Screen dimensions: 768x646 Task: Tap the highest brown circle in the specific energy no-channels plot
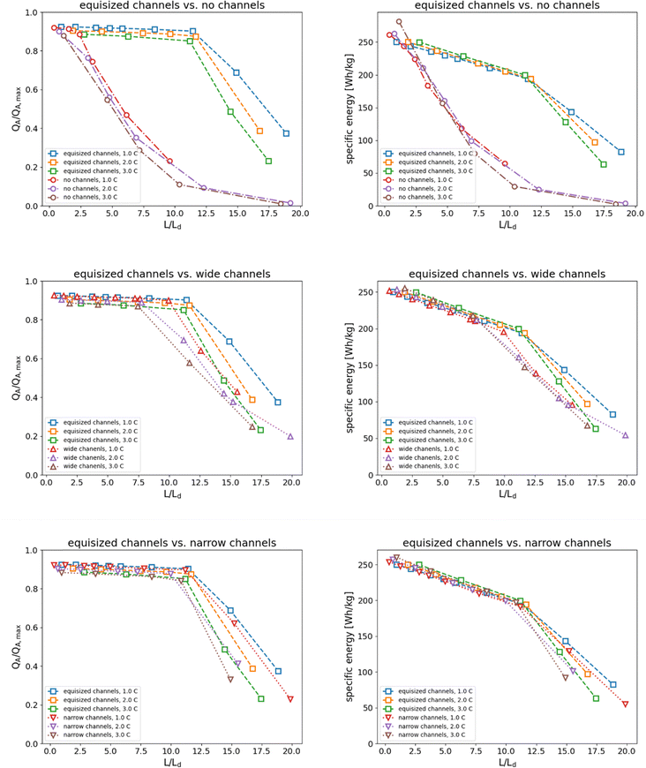tap(399, 22)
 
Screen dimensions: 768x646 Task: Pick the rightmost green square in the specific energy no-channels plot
tap(604, 164)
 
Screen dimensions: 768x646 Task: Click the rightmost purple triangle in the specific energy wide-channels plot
tap(626, 435)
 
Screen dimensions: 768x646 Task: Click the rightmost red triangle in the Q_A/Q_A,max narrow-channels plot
tap(289, 699)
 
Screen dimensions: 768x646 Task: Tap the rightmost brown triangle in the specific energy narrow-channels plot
tap(566, 677)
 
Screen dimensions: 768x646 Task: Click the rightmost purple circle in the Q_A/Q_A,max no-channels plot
tap(289, 203)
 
